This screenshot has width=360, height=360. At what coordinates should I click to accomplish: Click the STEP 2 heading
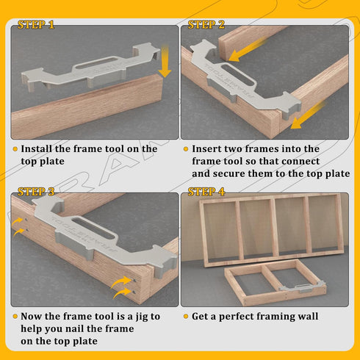click(x=206, y=25)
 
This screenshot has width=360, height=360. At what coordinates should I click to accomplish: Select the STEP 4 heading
click(x=206, y=192)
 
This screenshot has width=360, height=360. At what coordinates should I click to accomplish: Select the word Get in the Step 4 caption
click(x=202, y=316)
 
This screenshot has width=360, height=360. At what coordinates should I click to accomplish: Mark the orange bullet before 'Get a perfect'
click(x=185, y=316)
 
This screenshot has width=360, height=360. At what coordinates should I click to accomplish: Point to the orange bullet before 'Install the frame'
click(x=15, y=148)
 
